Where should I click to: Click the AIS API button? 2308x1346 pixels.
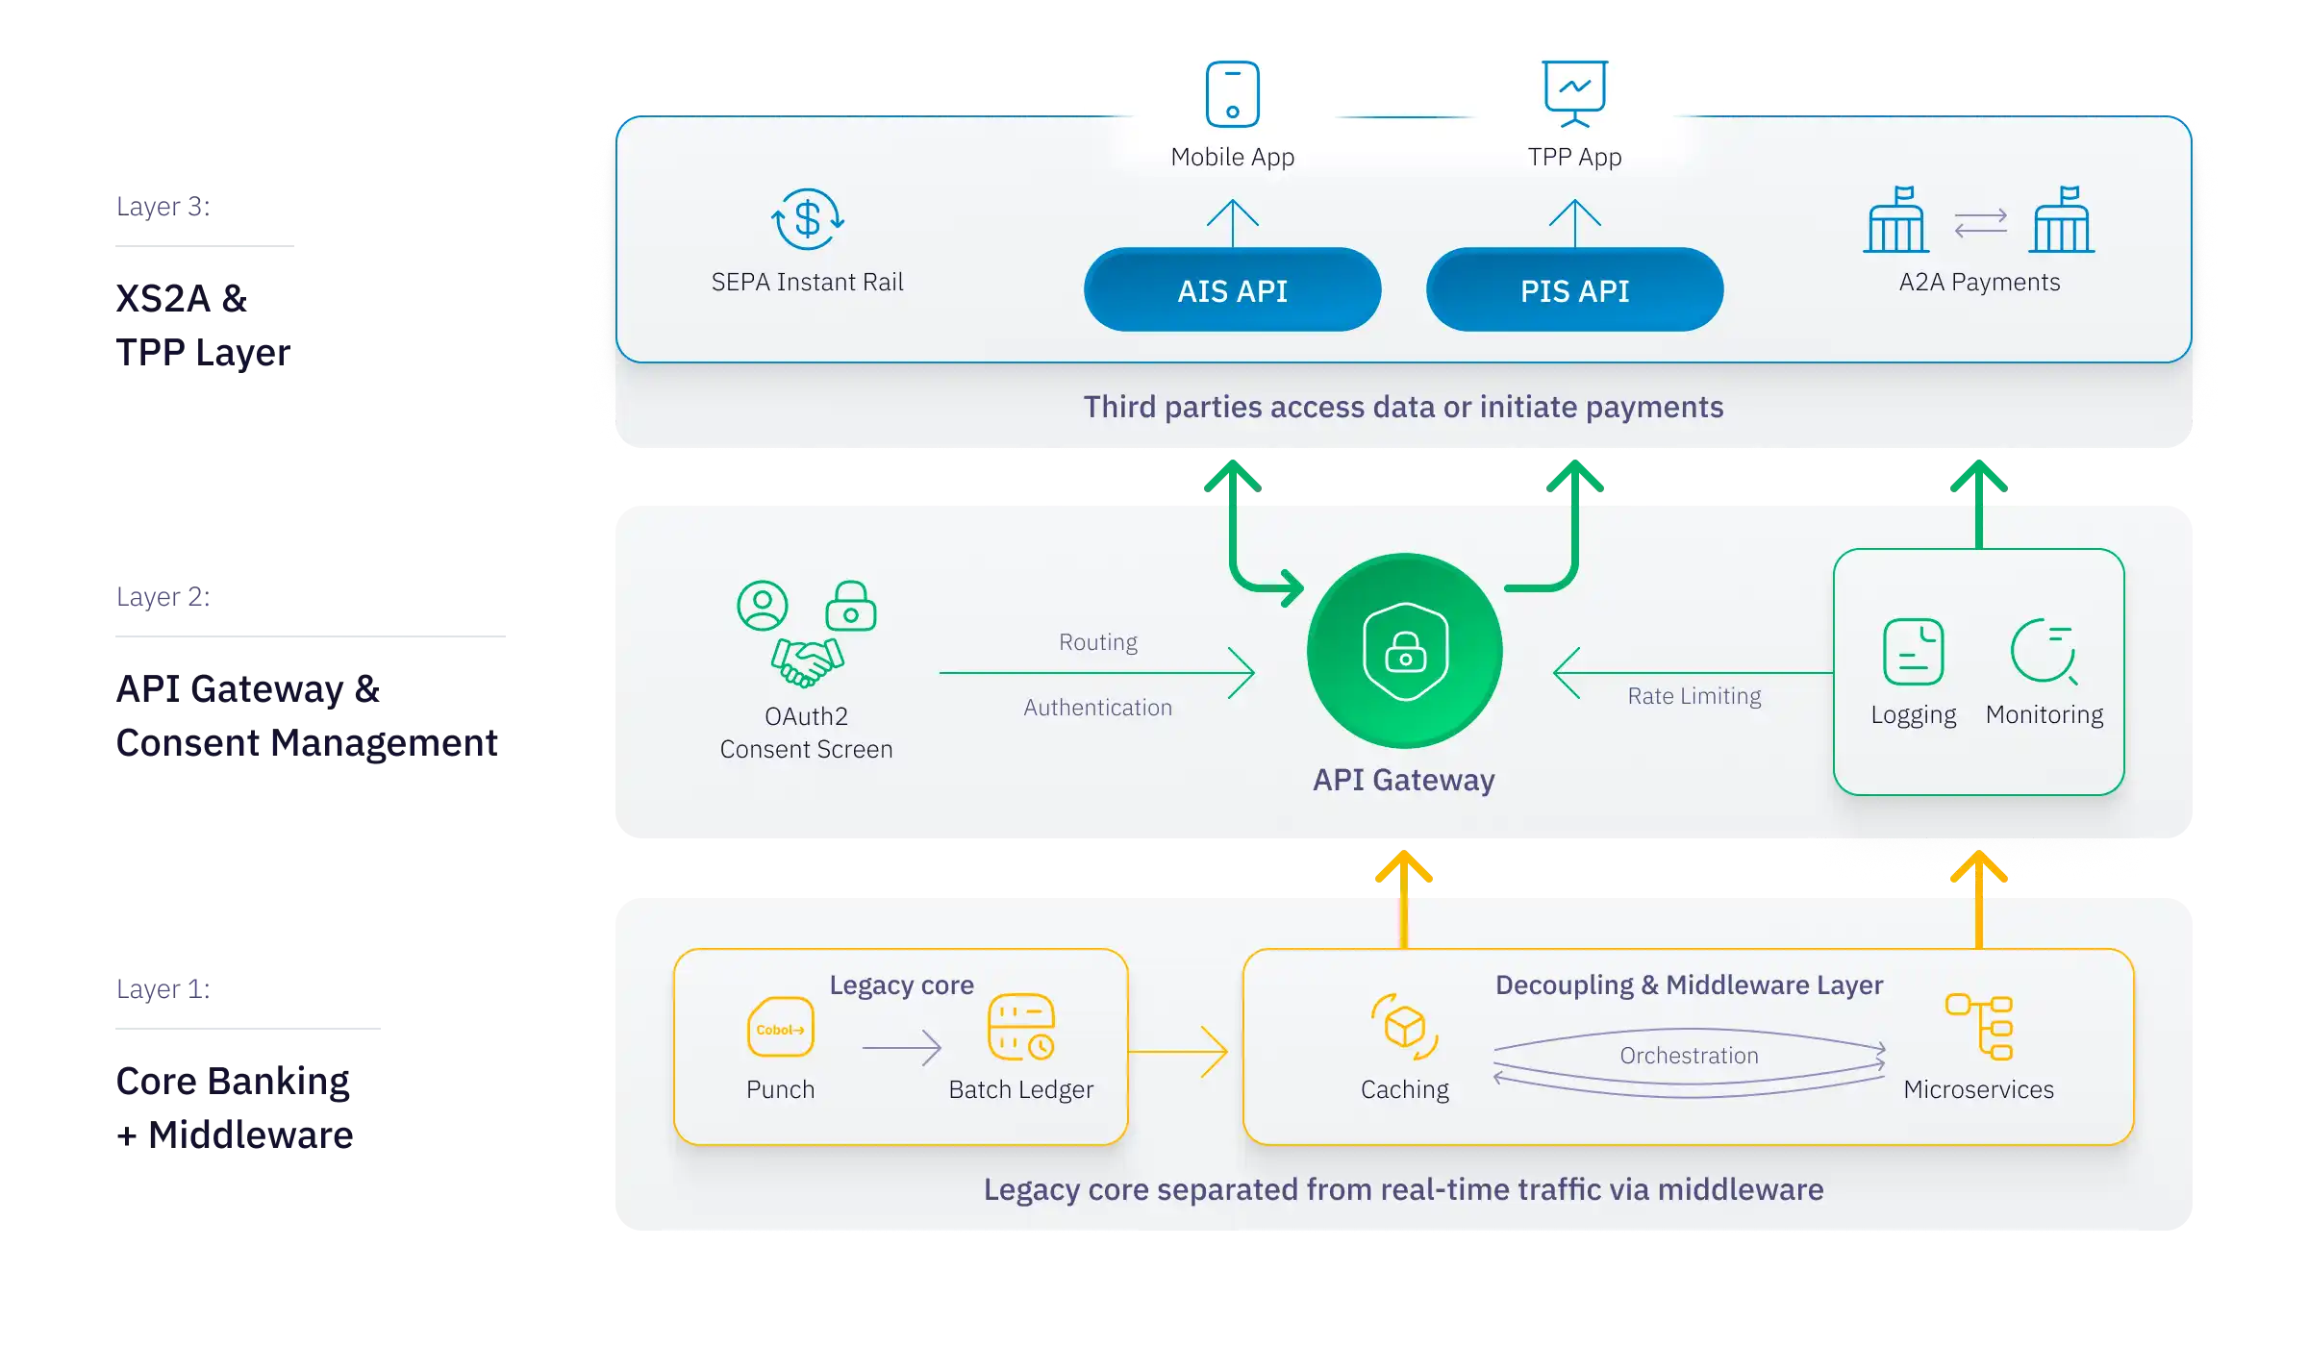click(x=1232, y=290)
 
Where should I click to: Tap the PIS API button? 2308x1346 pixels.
click(x=1574, y=290)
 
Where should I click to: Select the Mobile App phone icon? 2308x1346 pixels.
click(x=1232, y=93)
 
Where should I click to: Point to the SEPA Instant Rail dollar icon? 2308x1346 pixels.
click(x=808, y=219)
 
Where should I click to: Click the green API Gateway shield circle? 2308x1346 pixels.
click(x=1405, y=651)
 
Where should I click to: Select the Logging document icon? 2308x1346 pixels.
click(x=1913, y=652)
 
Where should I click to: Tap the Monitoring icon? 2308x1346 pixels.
click(x=2044, y=652)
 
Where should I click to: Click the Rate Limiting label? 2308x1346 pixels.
click(x=1693, y=696)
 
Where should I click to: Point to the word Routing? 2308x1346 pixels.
click(x=1097, y=642)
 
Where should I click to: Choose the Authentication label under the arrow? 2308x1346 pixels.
click(x=1097, y=708)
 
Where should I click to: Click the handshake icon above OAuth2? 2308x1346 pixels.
click(x=807, y=662)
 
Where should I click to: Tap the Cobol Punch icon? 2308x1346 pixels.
click(x=780, y=1028)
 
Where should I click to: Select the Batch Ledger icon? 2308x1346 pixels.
click(x=1021, y=1028)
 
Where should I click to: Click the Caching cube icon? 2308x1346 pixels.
click(x=1404, y=1027)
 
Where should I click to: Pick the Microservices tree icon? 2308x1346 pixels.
click(x=1979, y=1027)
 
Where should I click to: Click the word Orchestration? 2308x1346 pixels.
click(x=1689, y=1056)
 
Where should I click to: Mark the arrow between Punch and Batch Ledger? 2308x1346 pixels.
click(x=902, y=1048)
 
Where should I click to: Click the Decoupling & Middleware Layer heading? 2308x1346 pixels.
click(x=1689, y=985)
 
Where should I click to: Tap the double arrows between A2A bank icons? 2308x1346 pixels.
click(x=1980, y=223)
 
